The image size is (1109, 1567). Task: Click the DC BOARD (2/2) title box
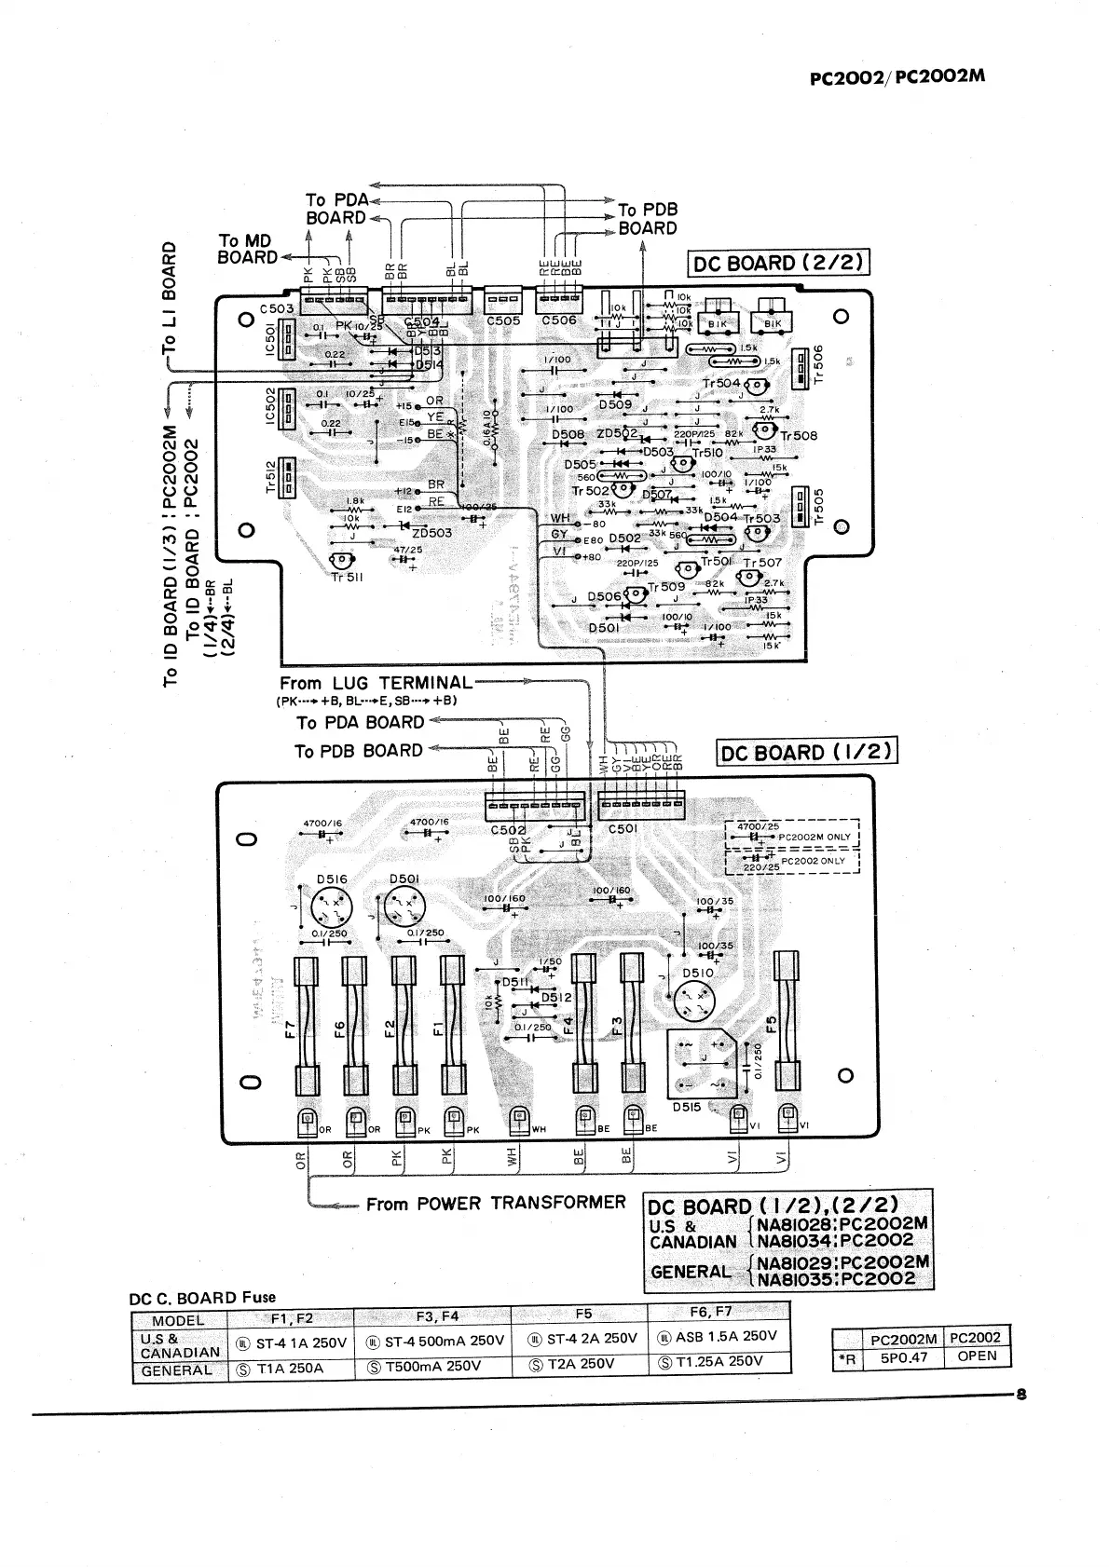(778, 264)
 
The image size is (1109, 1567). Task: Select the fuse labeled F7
(307, 1025)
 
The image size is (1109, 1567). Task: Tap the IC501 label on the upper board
(270, 338)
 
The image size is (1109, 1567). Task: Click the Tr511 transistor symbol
(341, 560)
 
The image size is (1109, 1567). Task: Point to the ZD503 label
(431, 533)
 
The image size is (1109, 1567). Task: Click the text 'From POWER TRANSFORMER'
(496, 1204)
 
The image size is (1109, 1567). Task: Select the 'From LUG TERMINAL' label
(376, 683)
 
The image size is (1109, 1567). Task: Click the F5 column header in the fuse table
(583, 1314)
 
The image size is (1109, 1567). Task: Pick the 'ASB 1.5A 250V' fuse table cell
(718, 1336)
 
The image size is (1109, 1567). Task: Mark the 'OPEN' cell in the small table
(977, 1356)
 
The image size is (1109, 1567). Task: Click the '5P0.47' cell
(904, 1356)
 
